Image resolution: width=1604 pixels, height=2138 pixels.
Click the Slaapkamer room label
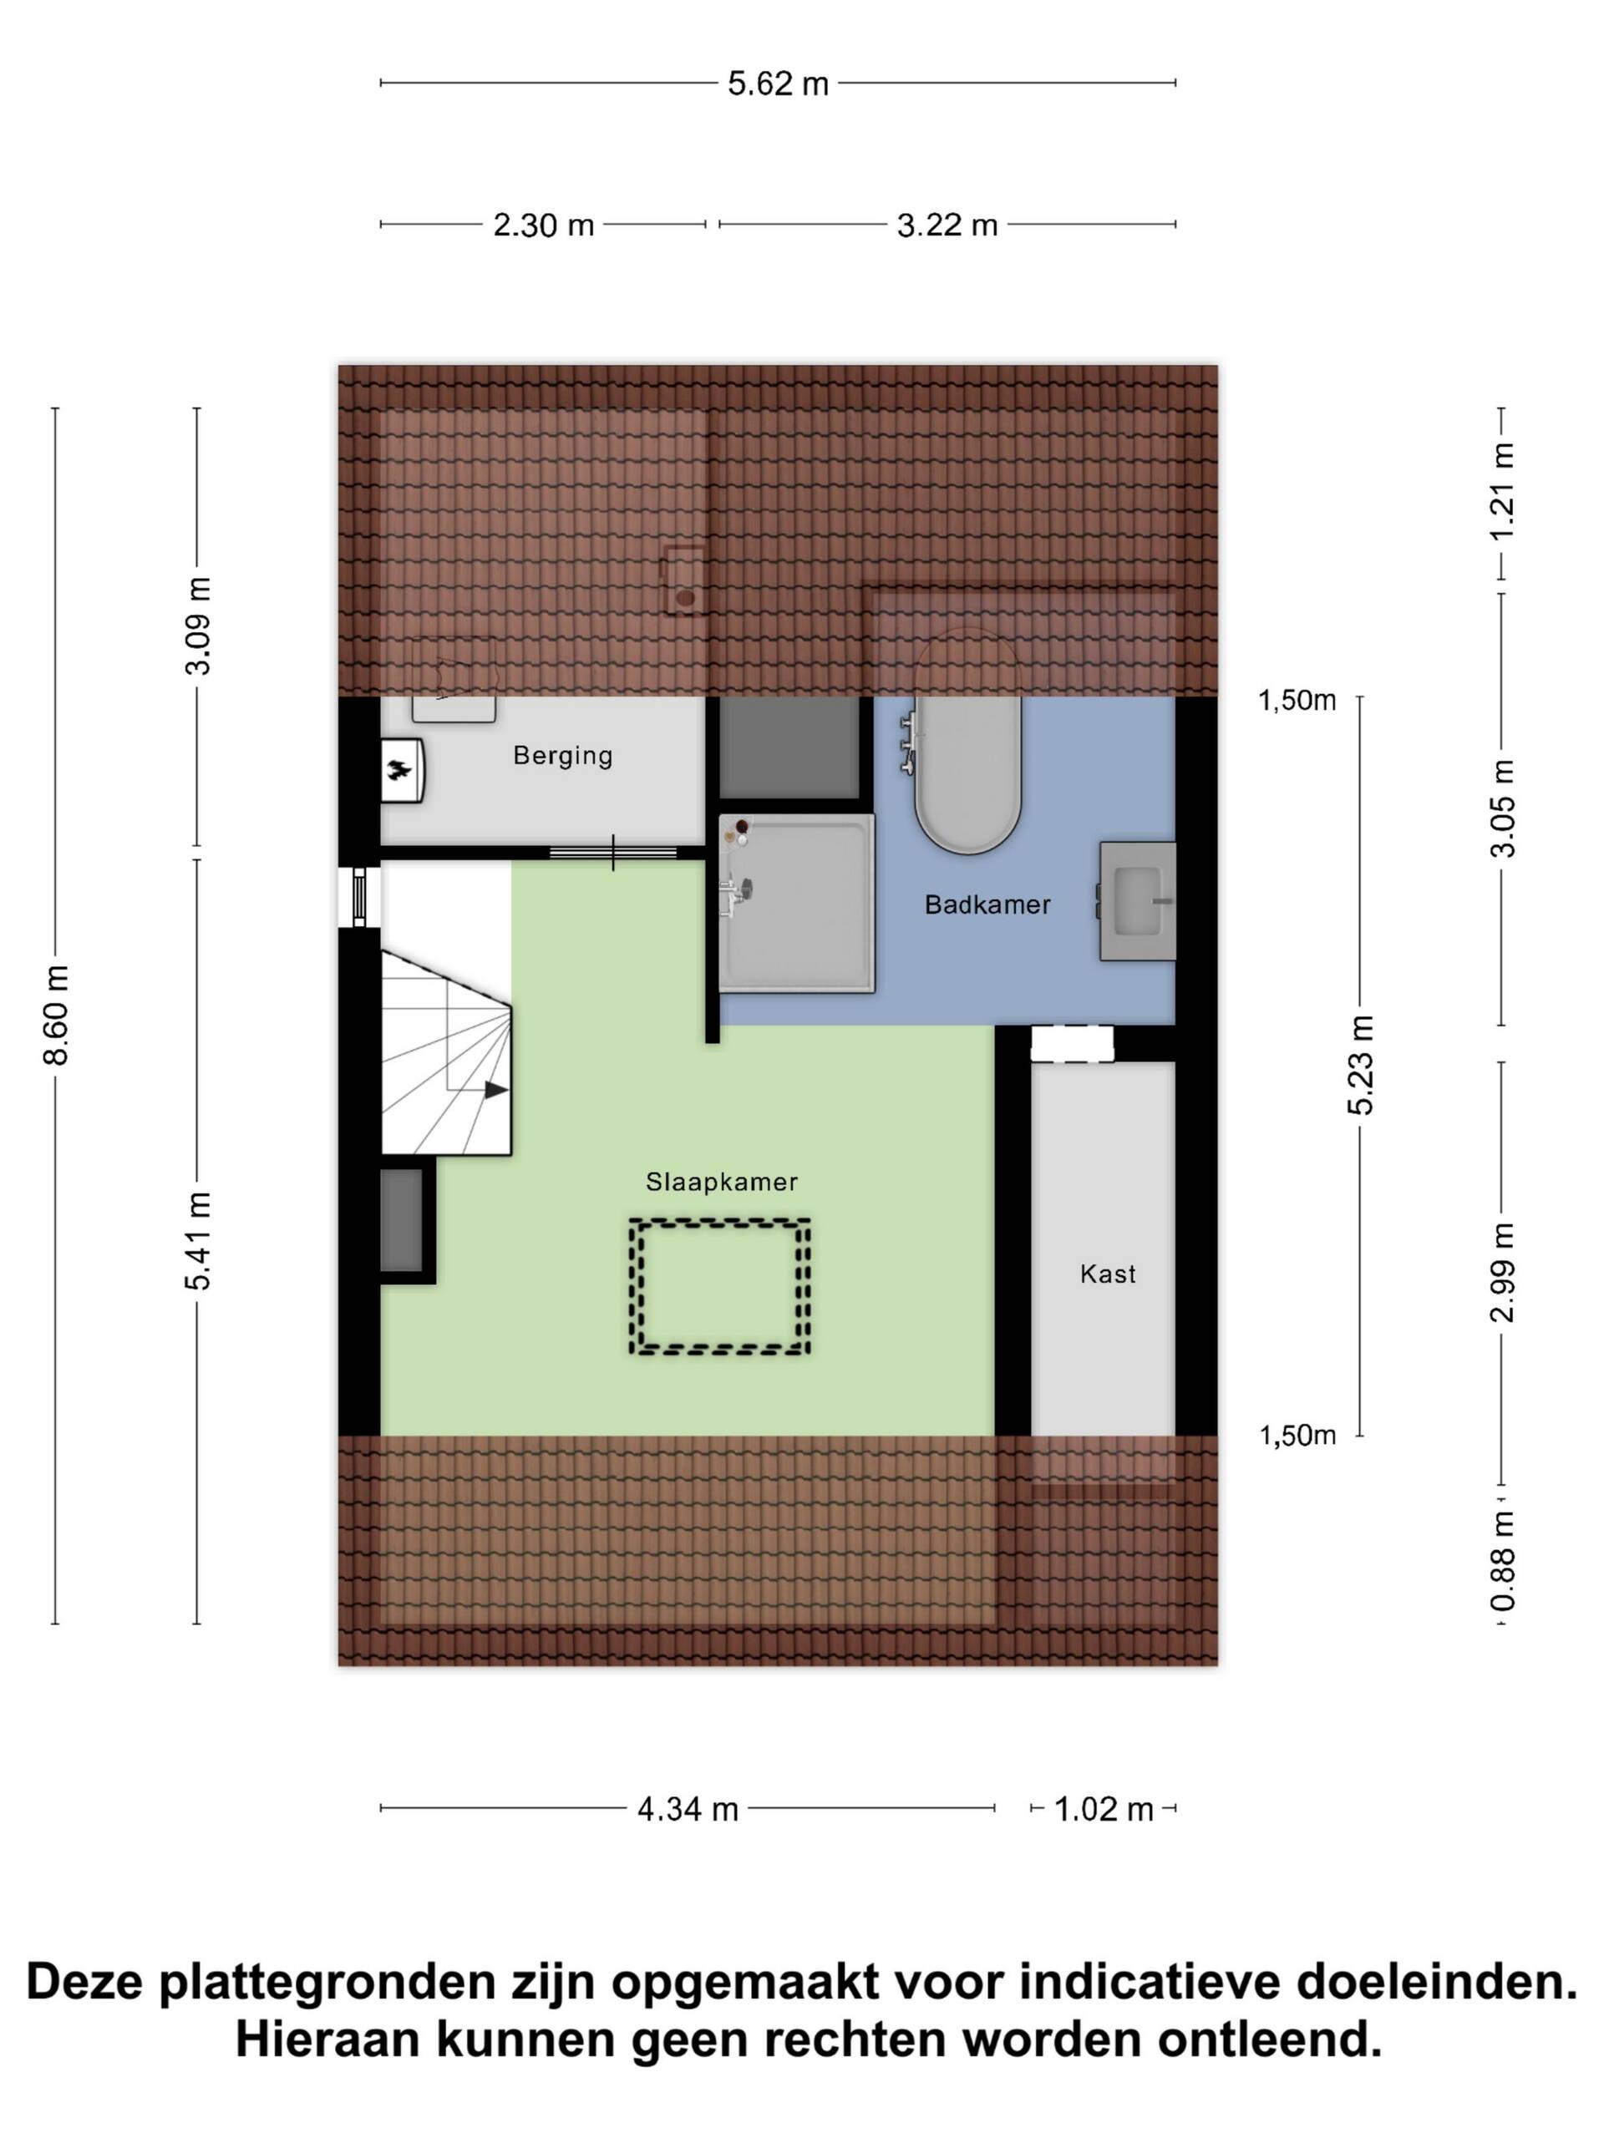721,1181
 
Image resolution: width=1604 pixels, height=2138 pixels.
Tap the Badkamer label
987,904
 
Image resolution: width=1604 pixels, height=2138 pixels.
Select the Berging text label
563,755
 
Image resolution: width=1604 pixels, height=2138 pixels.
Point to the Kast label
1107,1274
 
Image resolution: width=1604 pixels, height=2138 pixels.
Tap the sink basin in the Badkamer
1137,901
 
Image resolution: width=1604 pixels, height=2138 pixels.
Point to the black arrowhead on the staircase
496,1090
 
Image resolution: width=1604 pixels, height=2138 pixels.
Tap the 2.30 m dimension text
543,225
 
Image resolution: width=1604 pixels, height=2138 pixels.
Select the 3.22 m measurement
947,225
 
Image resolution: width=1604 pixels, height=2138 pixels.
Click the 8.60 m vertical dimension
56,1015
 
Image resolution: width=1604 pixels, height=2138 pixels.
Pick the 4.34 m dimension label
688,1810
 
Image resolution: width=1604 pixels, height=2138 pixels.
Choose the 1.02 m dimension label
1104,1810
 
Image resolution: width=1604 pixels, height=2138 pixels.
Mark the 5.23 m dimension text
1360,1065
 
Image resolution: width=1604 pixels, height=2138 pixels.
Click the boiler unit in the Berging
402,770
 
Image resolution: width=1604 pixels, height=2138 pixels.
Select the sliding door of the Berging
613,852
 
